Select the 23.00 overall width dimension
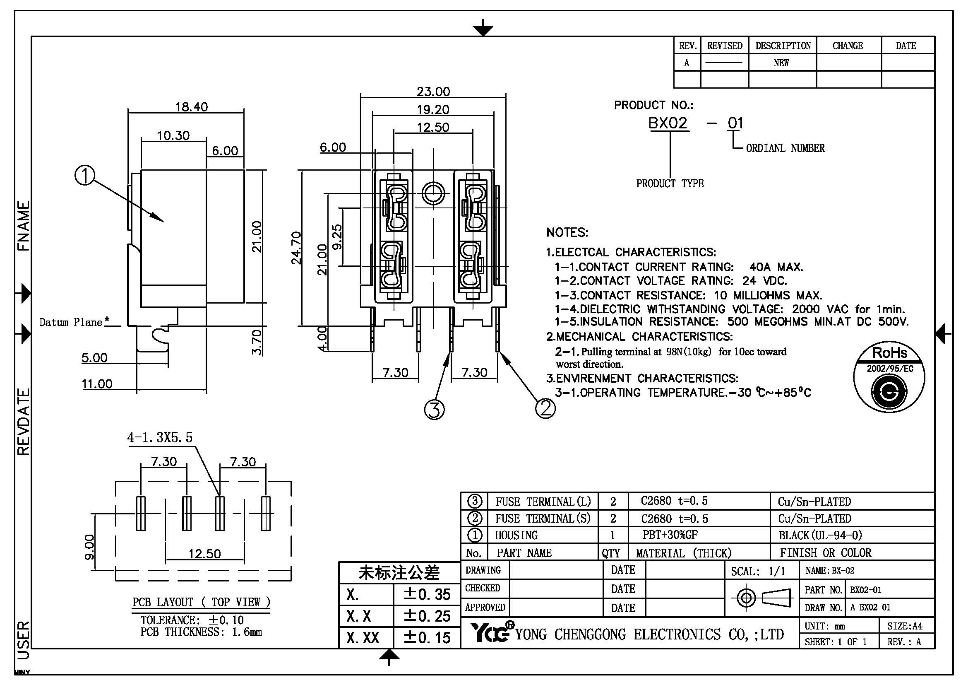[x=433, y=91]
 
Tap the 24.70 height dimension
[x=296, y=248]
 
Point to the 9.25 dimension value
[x=337, y=236]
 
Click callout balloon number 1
[x=85, y=176]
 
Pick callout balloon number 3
[x=434, y=409]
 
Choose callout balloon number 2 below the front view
[x=545, y=408]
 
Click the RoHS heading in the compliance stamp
[x=890, y=352]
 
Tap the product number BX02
[x=668, y=123]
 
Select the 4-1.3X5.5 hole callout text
[x=160, y=437]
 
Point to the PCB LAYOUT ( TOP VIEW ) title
[x=201, y=602]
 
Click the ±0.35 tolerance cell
[x=427, y=594]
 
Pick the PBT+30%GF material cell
[x=670, y=535]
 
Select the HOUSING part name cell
[x=516, y=535]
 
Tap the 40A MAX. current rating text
[x=776, y=267]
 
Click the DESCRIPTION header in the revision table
[x=783, y=46]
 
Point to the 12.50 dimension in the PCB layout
[x=204, y=553]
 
